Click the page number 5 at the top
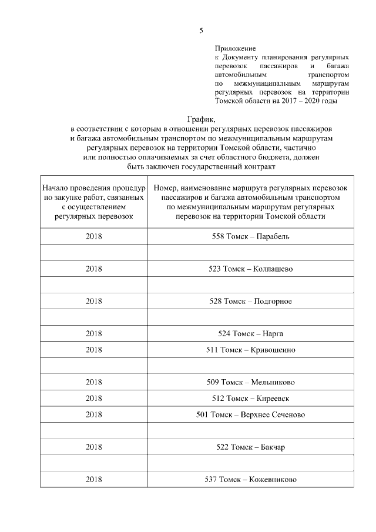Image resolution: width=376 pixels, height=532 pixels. pos(201,31)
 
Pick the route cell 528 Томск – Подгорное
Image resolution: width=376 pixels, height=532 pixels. pos(250,301)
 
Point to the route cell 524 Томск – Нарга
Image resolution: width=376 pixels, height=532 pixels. pos(250,333)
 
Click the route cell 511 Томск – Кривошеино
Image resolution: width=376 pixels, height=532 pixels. pos(250,350)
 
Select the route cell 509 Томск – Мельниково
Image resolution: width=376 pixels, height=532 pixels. pos(250,382)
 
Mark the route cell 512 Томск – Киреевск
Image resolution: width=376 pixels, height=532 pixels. pos(250,398)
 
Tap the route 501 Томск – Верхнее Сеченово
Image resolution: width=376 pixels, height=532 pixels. pos(250,414)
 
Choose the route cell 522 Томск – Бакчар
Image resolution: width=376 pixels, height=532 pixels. pos(250,447)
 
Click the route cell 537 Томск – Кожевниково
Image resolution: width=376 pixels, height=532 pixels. pos(250,479)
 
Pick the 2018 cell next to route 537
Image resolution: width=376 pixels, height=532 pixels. pos(94,479)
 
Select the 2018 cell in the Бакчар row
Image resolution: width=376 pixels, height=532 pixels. pos(94,447)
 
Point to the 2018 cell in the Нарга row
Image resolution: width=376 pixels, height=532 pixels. pos(94,333)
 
